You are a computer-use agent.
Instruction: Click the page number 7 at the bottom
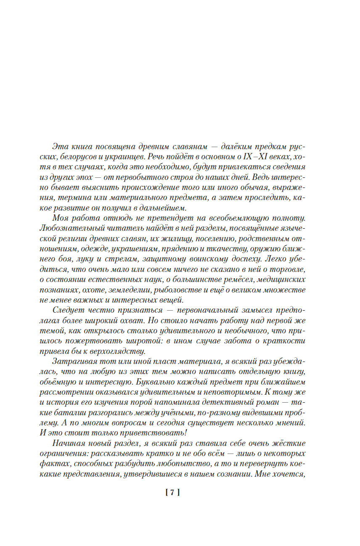(172, 492)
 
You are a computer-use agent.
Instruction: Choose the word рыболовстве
(180, 290)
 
